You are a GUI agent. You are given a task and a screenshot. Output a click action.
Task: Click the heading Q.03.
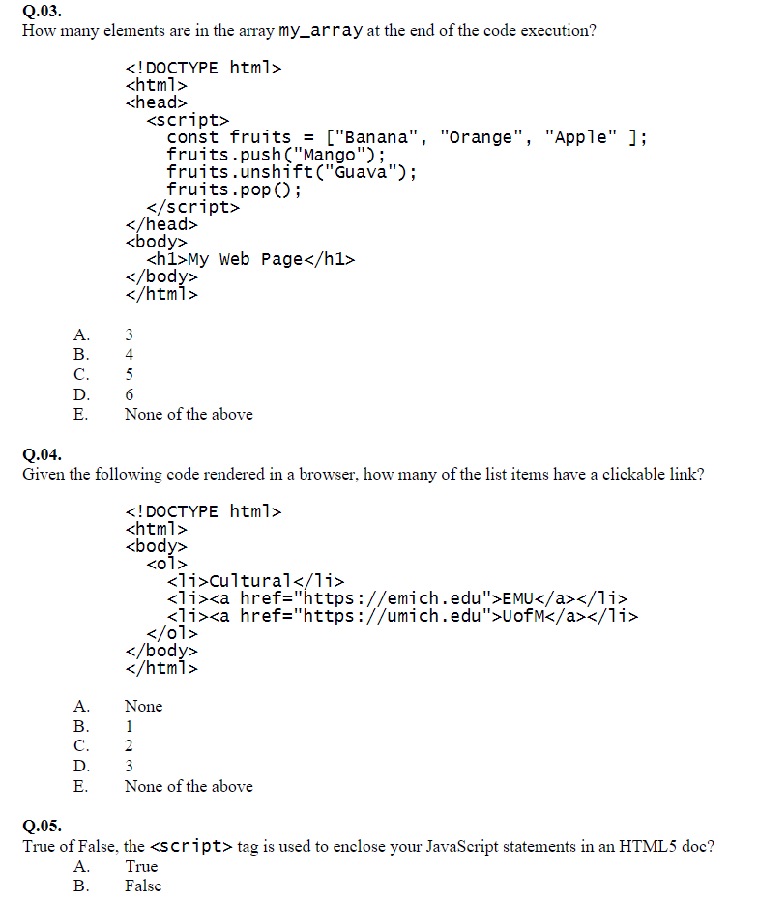42,12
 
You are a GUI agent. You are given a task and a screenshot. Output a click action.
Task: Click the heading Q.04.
42,453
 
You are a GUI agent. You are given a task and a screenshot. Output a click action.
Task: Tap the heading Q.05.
42,826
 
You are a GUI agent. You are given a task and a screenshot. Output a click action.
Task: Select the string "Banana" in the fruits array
377,137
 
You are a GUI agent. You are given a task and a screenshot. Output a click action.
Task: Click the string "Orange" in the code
482,137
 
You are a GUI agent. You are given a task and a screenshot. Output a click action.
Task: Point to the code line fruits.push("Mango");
277,155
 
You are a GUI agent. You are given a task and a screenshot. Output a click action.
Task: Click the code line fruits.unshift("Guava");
292,172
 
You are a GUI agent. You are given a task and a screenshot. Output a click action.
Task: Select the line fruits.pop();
234,189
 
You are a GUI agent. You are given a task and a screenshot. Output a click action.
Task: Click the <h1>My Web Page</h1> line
250,259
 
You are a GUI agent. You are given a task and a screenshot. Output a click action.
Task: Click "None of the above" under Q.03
189,414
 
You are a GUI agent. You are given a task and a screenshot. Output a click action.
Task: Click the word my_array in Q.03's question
320,30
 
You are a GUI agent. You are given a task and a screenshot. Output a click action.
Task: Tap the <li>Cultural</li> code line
255,581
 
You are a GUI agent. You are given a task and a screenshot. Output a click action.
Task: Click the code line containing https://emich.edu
396,598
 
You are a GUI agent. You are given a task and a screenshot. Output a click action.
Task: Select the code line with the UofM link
402,616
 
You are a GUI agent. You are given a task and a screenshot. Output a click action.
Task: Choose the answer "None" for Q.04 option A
143,706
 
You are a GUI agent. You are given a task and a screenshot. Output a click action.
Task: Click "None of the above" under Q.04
189,786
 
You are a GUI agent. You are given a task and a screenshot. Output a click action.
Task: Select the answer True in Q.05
141,866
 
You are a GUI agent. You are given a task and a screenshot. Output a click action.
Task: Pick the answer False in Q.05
143,886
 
